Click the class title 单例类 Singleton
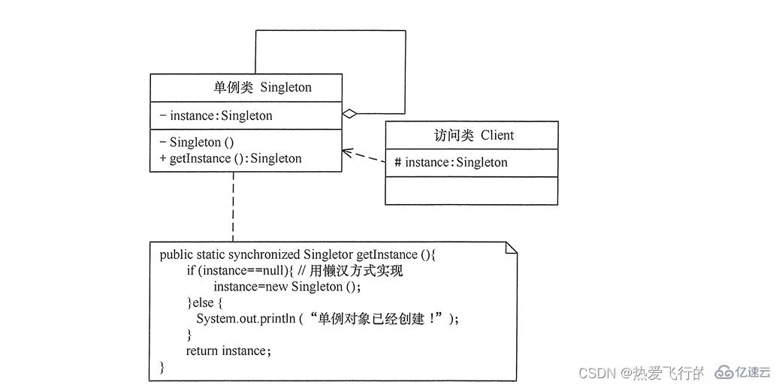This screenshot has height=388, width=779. click(262, 87)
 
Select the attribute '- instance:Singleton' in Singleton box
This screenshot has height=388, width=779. click(216, 116)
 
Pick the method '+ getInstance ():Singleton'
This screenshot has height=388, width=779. click(231, 158)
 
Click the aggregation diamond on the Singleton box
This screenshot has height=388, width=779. click(349, 114)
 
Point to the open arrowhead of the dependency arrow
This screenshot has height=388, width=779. click(346, 152)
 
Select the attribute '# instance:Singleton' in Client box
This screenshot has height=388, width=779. click(451, 162)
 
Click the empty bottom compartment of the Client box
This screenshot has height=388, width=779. click(471, 191)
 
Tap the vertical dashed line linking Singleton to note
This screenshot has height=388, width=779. click(233, 206)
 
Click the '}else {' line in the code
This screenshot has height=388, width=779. click(204, 302)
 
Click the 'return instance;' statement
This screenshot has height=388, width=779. click(228, 350)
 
